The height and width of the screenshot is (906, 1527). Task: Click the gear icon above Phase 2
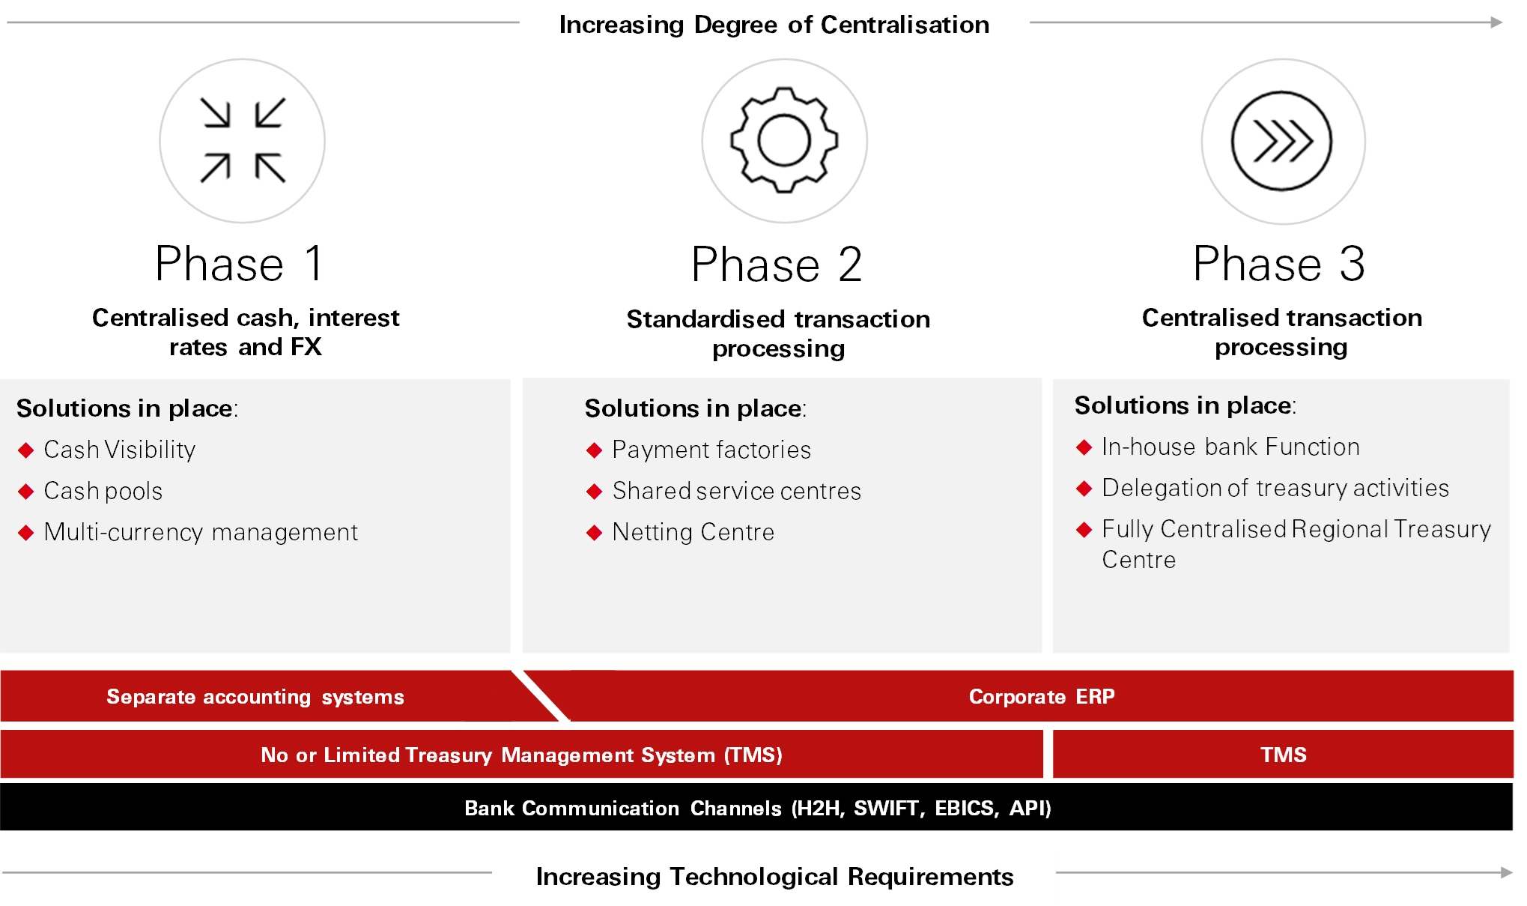[784, 140]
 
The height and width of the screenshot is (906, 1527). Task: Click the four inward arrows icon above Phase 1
[243, 140]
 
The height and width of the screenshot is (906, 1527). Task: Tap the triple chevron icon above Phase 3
[1282, 141]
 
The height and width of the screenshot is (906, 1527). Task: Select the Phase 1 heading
[240, 264]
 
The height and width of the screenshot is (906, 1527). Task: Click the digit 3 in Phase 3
[1352, 264]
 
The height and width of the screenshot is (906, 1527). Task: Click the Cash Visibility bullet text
[120, 450]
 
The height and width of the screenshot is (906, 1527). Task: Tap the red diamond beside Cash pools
[26, 492]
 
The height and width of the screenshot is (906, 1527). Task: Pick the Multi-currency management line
[201, 532]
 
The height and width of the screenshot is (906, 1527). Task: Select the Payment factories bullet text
[711, 450]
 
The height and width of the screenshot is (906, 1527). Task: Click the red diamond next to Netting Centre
[595, 533]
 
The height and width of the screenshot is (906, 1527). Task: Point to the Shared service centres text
[737, 491]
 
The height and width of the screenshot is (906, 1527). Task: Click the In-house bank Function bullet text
[1230, 447]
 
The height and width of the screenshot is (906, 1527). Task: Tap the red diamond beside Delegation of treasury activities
[1084, 489]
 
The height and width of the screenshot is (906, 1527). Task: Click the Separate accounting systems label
[255, 697]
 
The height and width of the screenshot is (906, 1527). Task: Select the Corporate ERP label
[1042, 696]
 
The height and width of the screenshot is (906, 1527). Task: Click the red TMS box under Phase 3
[1283, 755]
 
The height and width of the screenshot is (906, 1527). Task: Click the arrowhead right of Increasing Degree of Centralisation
[1496, 22]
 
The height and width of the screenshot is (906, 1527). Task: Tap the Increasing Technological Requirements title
[774, 876]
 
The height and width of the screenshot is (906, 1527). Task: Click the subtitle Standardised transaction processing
[778, 333]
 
